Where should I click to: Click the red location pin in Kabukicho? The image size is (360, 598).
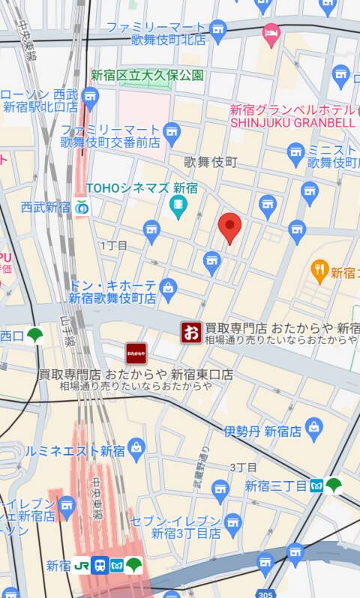click(229, 226)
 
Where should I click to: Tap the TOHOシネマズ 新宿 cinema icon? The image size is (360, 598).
click(178, 206)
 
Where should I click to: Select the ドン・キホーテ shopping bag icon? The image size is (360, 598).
click(168, 286)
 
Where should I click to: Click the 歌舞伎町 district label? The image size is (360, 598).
click(211, 161)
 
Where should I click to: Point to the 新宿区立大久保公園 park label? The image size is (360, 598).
click(147, 75)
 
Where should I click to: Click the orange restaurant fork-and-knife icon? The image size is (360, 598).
click(320, 271)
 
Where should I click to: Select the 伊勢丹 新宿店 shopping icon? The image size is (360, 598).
click(313, 430)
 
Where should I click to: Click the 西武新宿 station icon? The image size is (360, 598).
click(82, 207)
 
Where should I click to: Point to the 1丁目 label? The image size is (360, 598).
click(113, 245)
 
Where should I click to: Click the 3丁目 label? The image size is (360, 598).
click(243, 467)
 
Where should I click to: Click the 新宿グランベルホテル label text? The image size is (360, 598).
click(291, 109)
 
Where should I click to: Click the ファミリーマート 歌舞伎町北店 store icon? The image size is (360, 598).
click(217, 32)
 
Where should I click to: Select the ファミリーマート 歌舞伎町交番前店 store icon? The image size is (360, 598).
click(172, 134)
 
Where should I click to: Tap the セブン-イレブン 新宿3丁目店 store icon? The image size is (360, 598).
click(233, 522)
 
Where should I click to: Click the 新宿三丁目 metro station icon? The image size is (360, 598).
click(316, 486)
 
